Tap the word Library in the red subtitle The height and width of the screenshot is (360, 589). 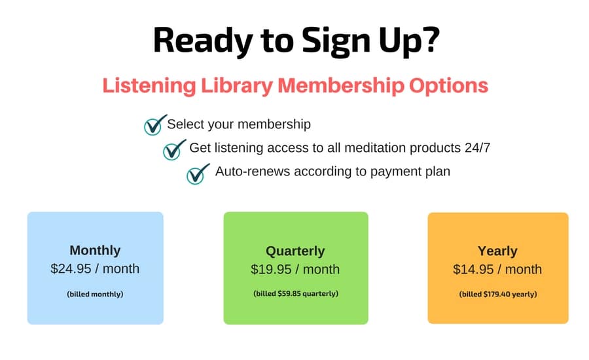[x=236, y=86]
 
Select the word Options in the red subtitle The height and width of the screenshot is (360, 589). [x=448, y=86]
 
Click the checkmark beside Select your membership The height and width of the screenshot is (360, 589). [x=154, y=125]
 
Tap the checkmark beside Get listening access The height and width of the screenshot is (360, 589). [x=174, y=149]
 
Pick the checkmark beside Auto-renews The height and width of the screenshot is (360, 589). [x=198, y=173]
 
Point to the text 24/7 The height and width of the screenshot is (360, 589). [x=477, y=148]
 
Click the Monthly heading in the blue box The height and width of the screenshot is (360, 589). [x=95, y=250]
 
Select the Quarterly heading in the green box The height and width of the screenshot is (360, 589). [x=295, y=251]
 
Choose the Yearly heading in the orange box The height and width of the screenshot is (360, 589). [x=497, y=251]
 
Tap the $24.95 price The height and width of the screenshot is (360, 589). [x=71, y=268]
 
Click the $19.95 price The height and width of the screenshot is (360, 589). [x=271, y=270]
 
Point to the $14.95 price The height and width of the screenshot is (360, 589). [x=473, y=270]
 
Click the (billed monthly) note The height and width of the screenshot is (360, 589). [x=95, y=295]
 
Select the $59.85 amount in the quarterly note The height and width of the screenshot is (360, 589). [x=289, y=293]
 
